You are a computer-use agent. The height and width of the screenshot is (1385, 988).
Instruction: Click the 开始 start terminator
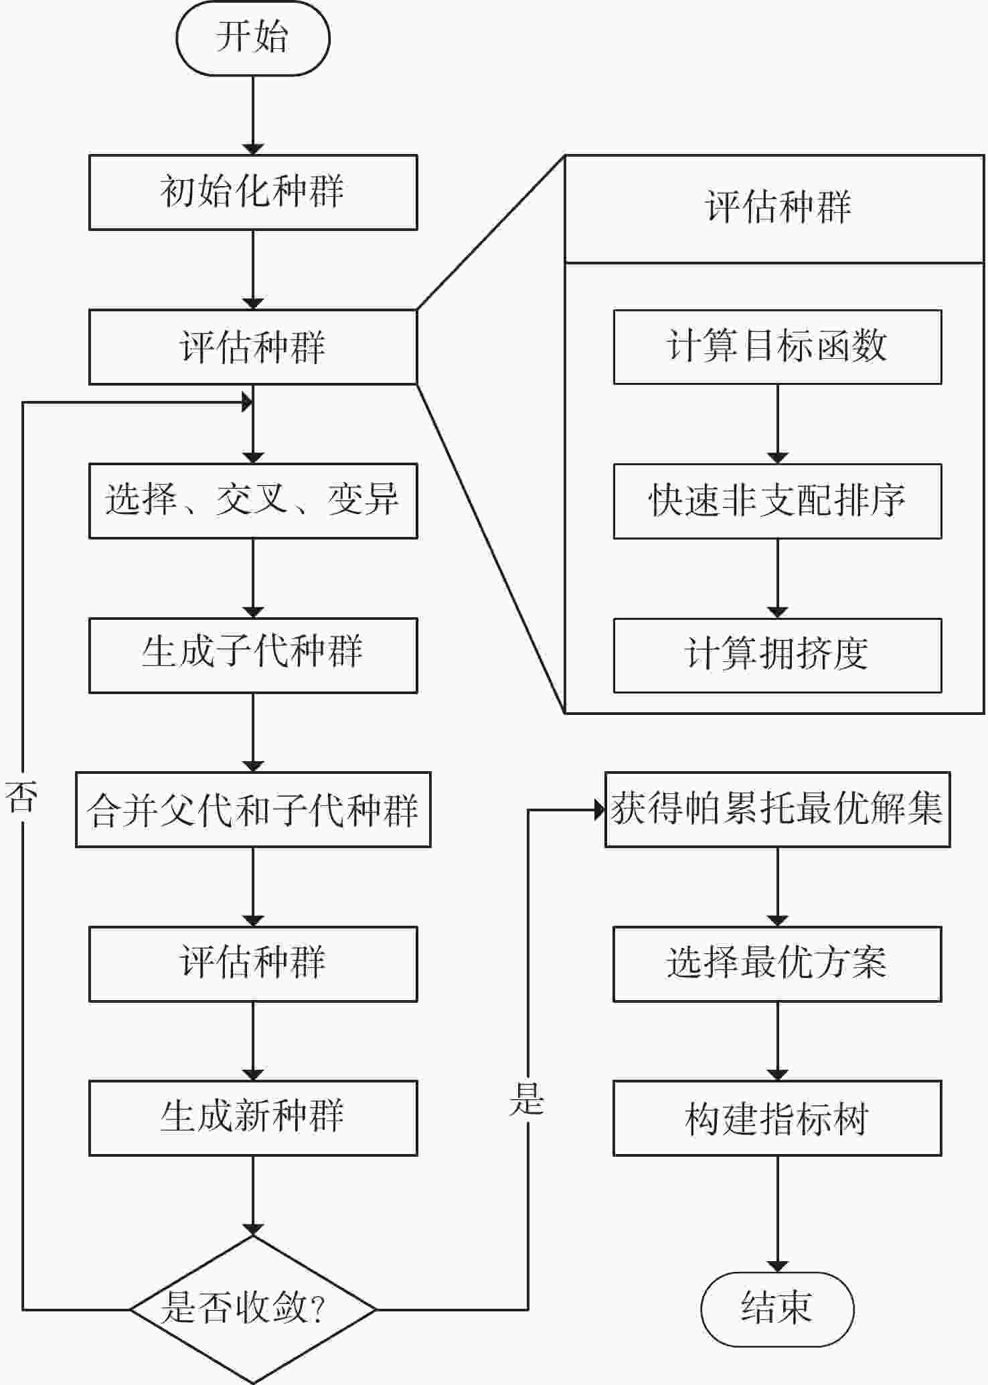click(x=253, y=38)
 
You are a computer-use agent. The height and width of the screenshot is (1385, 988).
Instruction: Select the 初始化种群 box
click(x=253, y=193)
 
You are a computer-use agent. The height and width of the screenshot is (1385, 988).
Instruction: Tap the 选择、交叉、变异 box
click(x=253, y=501)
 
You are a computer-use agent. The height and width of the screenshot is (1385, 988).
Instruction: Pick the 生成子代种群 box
click(x=253, y=655)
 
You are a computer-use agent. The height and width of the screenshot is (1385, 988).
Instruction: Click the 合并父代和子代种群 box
click(x=253, y=809)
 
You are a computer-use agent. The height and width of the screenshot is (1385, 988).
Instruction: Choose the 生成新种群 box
click(x=253, y=1118)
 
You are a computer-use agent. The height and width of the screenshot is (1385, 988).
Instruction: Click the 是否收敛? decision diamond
click(x=253, y=1309)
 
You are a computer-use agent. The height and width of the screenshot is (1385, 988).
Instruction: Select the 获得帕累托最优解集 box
click(x=778, y=809)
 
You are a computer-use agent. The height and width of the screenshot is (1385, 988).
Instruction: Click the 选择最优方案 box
click(x=778, y=964)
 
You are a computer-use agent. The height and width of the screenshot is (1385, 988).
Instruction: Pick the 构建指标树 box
click(x=778, y=1118)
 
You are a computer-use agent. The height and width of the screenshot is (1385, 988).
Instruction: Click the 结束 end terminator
click(x=778, y=1309)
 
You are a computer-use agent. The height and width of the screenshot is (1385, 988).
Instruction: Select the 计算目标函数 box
click(x=778, y=347)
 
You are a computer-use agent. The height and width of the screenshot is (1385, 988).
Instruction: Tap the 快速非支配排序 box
click(x=778, y=501)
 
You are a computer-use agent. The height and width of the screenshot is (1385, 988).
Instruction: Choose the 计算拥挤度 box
click(x=778, y=655)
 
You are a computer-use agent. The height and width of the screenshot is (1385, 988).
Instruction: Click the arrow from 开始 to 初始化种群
click(x=253, y=115)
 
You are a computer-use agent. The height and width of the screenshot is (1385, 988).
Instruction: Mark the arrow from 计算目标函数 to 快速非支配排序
click(x=778, y=424)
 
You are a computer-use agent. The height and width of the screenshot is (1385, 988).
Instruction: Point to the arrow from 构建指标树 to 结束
click(x=778, y=1214)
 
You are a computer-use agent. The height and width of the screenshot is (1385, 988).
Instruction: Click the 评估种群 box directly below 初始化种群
click(x=253, y=347)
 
